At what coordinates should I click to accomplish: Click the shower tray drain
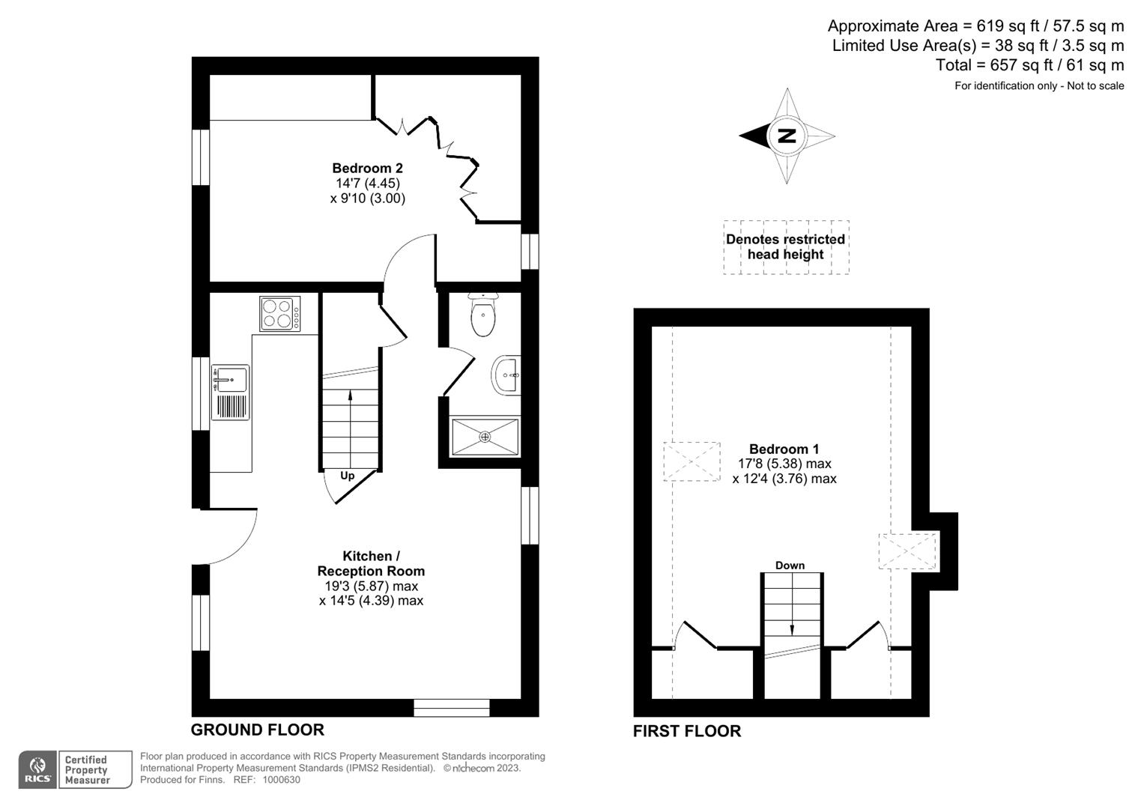click(x=485, y=436)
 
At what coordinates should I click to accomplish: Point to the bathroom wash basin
click(x=507, y=374)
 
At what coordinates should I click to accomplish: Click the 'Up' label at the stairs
click(x=348, y=476)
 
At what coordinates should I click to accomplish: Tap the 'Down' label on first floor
click(x=790, y=566)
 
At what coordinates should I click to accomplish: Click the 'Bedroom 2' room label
click(x=367, y=169)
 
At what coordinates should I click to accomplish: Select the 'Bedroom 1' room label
click(x=784, y=449)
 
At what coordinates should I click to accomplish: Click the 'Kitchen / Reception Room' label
click(x=371, y=563)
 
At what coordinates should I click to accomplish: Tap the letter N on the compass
click(x=786, y=136)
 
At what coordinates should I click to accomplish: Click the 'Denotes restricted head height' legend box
click(x=786, y=247)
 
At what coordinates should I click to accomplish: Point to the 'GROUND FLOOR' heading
click(x=257, y=730)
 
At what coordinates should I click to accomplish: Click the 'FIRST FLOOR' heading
click(x=686, y=731)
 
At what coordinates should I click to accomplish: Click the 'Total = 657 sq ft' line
click(x=1029, y=65)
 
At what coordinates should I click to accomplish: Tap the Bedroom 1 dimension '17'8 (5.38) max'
click(x=784, y=464)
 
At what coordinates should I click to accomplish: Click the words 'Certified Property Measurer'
click(x=87, y=770)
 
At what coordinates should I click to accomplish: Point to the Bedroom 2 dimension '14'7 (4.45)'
click(x=367, y=184)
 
